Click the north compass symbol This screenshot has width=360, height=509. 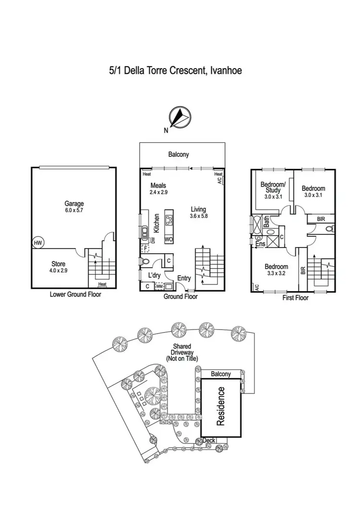point(178,117)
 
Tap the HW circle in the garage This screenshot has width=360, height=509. point(38,243)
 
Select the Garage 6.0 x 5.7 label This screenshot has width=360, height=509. point(74,207)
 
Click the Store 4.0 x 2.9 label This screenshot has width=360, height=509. point(59,267)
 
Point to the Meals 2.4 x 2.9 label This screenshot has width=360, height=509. point(159,189)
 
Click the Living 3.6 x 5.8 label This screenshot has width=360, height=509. point(198,213)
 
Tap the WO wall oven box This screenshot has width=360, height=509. point(168,238)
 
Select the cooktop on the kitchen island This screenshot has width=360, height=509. point(169,220)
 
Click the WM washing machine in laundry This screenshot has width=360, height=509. point(159,286)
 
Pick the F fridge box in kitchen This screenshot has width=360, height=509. point(145,249)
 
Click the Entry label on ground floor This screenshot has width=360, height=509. point(184,278)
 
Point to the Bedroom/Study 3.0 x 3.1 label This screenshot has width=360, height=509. point(273,190)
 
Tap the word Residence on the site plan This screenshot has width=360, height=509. point(221,406)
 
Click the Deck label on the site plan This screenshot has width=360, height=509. point(209,440)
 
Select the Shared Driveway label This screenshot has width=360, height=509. point(182,353)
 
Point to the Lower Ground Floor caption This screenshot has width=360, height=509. point(75,295)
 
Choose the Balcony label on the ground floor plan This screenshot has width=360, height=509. point(179,154)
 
